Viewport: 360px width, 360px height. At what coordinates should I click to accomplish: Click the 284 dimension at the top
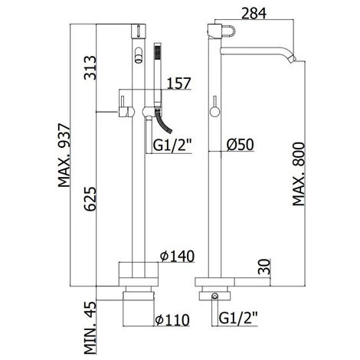[254, 13]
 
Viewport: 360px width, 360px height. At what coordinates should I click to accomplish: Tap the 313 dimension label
[90, 67]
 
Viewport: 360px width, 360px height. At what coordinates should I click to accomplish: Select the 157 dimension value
[179, 83]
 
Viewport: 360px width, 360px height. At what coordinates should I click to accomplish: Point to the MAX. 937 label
[64, 155]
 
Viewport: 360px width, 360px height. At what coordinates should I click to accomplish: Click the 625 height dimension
[90, 199]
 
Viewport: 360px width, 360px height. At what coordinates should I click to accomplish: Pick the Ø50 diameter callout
[240, 145]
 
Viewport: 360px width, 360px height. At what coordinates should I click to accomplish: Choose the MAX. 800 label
[299, 174]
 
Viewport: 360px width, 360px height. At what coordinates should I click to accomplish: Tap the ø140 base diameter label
[177, 256]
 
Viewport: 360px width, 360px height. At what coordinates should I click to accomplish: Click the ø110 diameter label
[172, 320]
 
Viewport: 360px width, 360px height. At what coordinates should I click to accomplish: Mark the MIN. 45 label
[90, 328]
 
